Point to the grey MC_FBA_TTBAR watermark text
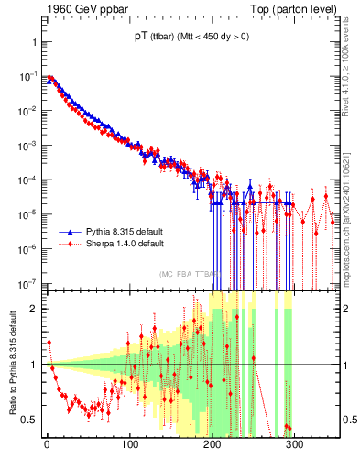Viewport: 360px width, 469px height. (x=190, y=274)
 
